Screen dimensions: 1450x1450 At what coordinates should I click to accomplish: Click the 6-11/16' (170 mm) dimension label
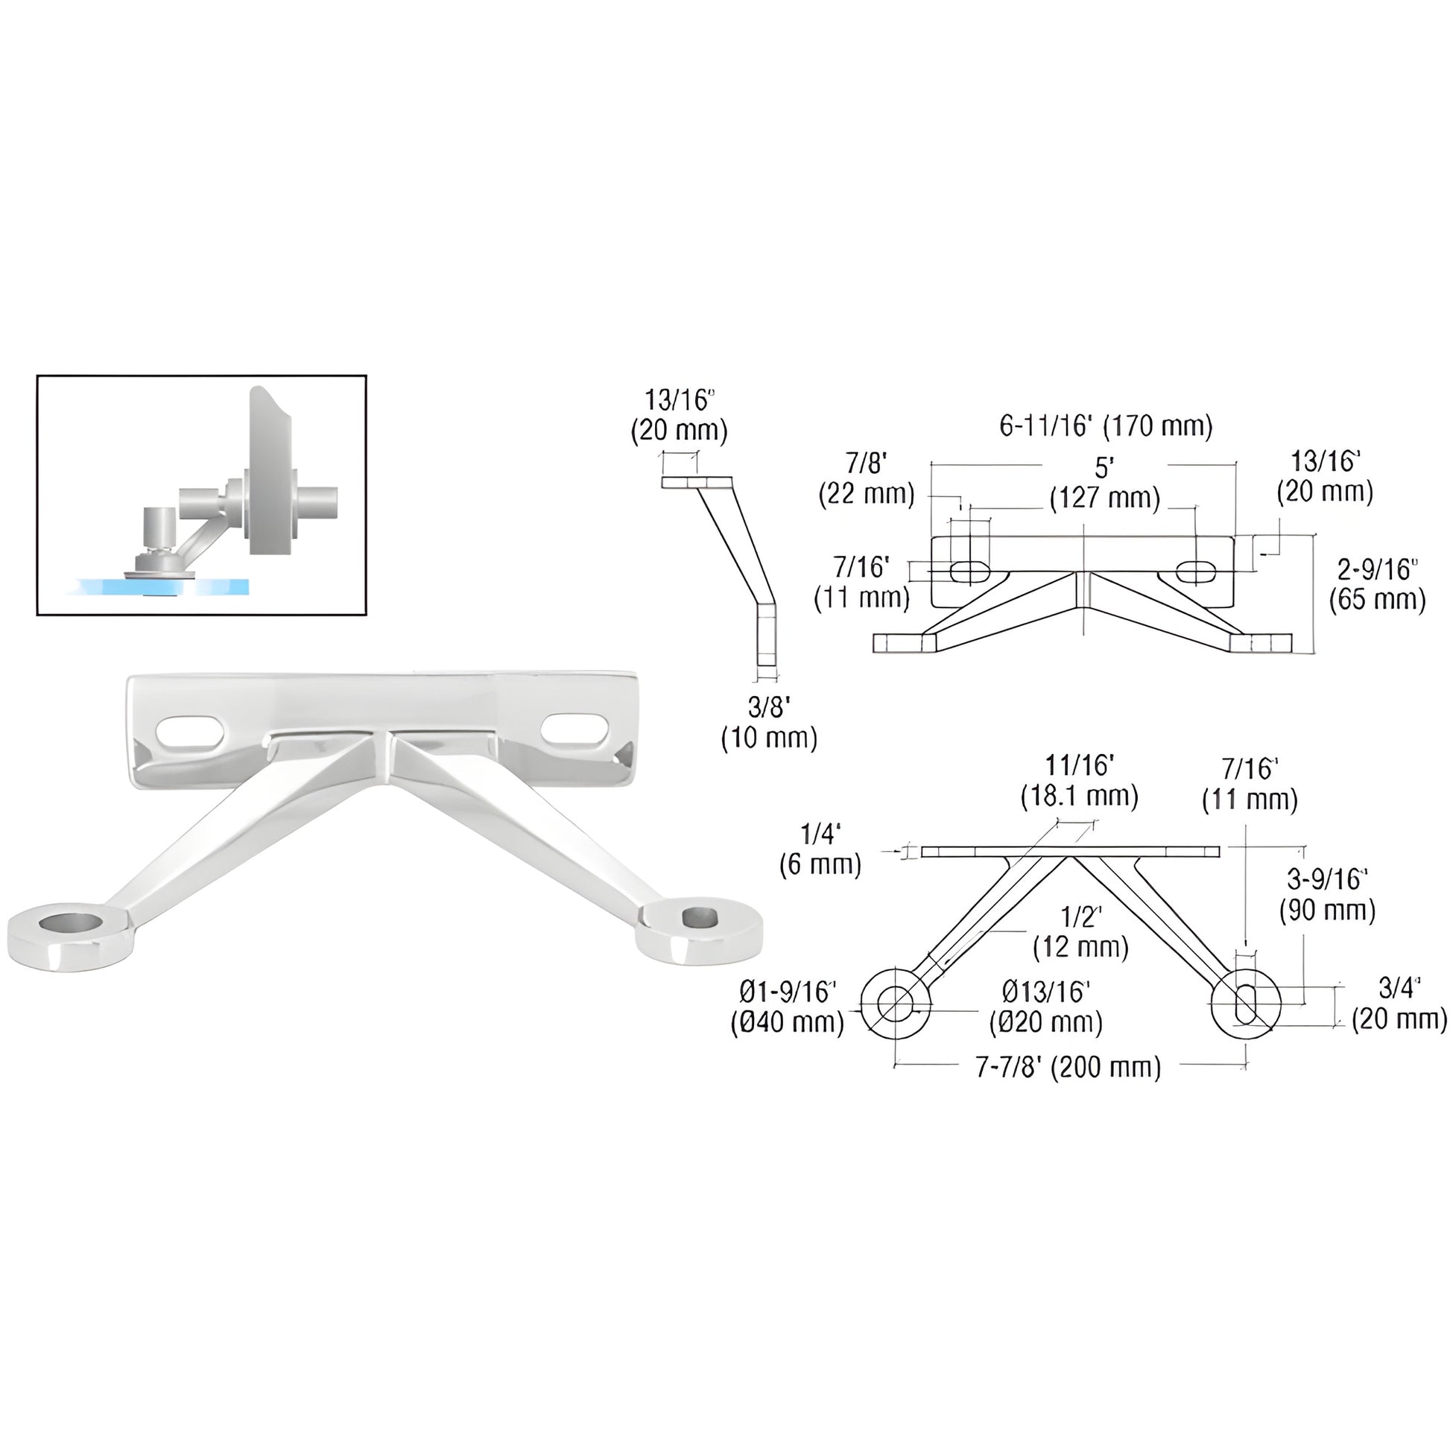click(x=1106, y=427)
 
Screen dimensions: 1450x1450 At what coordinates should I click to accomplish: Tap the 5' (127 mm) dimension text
click(x=1105, y=483)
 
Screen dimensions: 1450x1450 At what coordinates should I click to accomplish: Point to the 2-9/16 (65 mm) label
click(x=1377, y=586)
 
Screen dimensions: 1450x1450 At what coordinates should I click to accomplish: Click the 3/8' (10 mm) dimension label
click(x=769, y=723)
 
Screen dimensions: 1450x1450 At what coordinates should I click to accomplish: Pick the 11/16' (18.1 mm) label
click(x=1079, y=782)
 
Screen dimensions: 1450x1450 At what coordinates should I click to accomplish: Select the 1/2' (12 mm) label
click(x=1080, y=932)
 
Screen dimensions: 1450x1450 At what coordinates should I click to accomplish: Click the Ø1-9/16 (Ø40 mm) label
click(x=788, y=1007)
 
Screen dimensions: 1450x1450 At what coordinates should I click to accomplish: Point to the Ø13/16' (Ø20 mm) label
click(x=1045, y=1007)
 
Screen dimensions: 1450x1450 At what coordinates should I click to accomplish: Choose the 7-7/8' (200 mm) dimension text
click(x=1068, y=1067)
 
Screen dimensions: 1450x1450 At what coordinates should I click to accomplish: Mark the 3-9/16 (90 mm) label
click(x=1327, y=895)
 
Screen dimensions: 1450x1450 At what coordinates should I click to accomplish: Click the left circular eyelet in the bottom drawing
click(x=895, y=1004)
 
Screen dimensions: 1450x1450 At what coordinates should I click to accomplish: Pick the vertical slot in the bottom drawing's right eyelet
click(x=1245, y=1004)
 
